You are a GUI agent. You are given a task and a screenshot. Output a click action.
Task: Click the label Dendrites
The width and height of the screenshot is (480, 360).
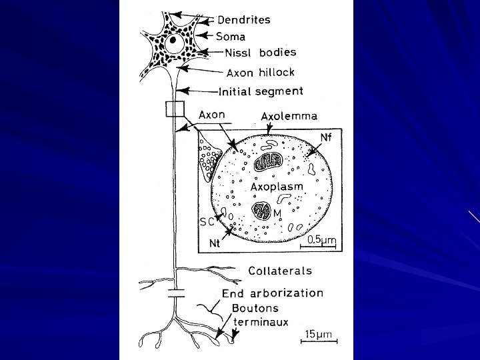coord(245,20)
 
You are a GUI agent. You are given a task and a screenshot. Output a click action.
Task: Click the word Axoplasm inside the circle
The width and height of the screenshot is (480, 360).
coord(278,187)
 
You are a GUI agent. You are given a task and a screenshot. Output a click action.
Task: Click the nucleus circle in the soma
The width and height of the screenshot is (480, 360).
coord(175,43)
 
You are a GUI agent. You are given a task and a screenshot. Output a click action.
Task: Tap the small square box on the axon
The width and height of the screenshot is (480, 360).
coord(175,109)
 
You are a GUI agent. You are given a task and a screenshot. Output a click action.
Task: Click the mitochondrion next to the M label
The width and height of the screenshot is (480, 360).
coord(260,213)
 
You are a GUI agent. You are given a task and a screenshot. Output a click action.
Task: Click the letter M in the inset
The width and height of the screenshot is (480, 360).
coord(277,213)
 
